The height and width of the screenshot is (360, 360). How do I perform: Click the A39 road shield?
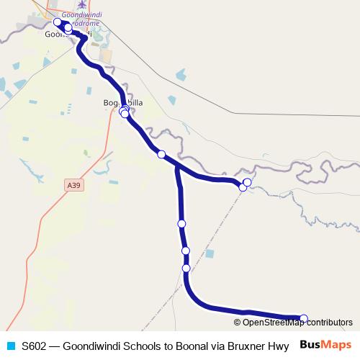73,185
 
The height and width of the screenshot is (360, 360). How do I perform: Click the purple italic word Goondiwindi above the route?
83,14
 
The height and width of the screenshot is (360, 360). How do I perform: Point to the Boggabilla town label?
122,103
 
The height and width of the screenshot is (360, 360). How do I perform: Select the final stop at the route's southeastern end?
303,318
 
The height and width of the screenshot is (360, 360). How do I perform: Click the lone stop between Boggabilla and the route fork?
161,154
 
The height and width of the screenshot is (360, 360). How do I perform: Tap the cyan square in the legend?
9,345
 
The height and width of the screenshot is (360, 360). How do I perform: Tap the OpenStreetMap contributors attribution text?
297,323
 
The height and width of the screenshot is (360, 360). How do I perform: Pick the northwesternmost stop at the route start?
58,22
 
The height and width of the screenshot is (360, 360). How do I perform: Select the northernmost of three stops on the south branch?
181,224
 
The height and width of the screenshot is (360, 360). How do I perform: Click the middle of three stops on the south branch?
186,251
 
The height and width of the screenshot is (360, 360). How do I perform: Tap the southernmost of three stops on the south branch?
186,268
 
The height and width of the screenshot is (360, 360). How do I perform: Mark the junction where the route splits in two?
176,167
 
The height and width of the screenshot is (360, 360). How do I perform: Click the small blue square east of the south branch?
210,253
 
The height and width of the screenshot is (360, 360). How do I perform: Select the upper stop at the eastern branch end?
248,182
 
